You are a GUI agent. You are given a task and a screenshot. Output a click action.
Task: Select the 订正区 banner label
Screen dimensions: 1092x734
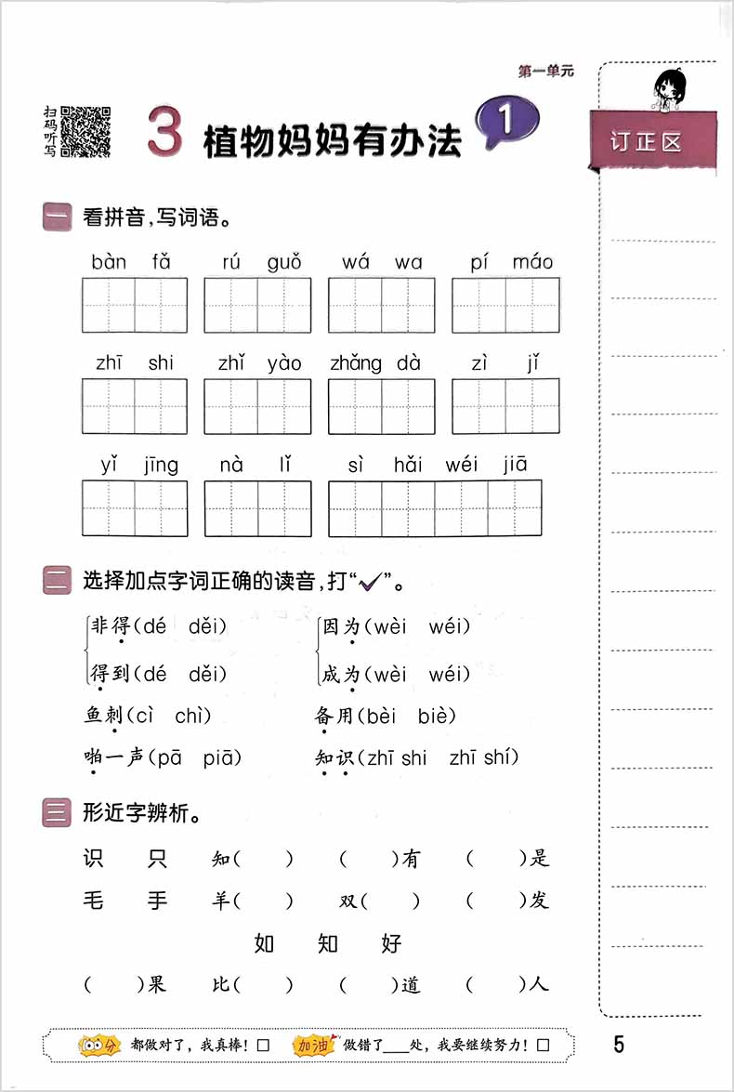[647, 142]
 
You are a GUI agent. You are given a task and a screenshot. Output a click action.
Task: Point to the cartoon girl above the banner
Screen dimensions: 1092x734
[668, 88]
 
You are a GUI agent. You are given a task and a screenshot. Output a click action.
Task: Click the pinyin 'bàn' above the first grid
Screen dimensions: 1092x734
[109, 262]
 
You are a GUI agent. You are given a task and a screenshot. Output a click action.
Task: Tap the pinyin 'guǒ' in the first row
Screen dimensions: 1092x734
[283, 262]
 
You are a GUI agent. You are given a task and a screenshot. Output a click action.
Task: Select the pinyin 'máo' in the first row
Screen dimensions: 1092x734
[532, 262]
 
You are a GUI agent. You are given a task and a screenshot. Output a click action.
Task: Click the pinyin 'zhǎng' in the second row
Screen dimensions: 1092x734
[355, 363]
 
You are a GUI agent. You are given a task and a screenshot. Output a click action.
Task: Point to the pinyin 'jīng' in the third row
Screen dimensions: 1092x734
[161, 465]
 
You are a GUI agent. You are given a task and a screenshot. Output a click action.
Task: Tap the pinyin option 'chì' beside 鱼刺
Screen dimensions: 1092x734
[192, 716]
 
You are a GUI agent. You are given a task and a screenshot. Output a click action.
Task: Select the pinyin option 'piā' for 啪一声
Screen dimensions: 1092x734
[222, 757]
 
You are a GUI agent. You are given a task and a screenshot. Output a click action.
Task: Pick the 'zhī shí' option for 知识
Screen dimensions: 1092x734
[483, 757]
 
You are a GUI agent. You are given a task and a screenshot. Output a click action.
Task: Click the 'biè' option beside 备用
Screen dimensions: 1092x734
[437, 716]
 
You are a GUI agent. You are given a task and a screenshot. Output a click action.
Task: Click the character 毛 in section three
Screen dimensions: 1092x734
[94, 900]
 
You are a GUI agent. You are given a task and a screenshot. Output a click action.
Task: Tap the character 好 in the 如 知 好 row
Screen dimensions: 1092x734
[391, 943]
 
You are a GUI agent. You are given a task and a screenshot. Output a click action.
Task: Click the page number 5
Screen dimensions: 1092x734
[619, 1044]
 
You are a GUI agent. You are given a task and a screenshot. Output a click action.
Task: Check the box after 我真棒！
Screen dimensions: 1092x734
[263, 1046]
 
